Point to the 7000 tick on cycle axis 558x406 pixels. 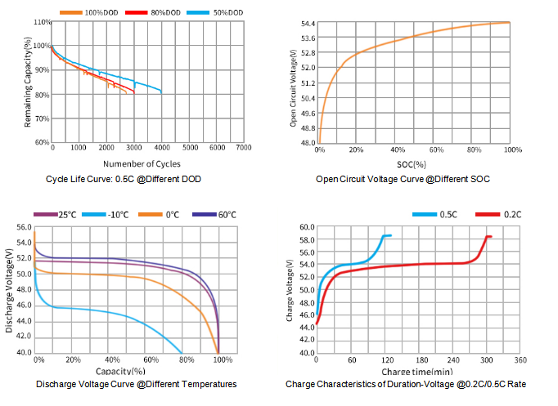point(244,148)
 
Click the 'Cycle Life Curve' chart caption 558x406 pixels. point(124,179)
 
